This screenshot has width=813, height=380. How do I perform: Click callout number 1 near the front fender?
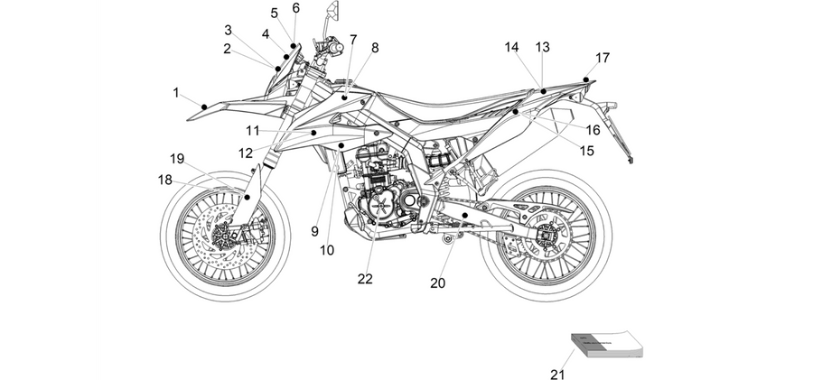coord(176,93)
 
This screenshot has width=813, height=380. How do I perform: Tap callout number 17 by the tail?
coord(603,58)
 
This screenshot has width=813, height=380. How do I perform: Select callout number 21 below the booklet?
coord(557,374)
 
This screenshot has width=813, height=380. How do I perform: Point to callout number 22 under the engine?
coord(365,279)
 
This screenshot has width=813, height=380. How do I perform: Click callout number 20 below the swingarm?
coord(437,283)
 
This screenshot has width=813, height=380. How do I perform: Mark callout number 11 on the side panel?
coord(253,131)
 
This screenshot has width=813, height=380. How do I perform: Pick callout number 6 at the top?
coord(296,8)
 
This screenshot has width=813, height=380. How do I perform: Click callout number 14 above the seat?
coord(512,47)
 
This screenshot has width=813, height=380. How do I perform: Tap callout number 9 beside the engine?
coord(314,232)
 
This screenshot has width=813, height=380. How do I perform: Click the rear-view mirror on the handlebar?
coord(332,11)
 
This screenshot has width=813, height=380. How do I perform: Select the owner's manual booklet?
coord(607,346)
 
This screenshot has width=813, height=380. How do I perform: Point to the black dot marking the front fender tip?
coord(204,107)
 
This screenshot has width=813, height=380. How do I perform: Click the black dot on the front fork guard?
coord(248,197)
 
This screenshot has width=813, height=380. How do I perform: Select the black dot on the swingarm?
coord(465,215)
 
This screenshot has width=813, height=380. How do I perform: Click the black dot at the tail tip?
coord(586,79)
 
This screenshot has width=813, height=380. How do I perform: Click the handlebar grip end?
coord(338,49)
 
